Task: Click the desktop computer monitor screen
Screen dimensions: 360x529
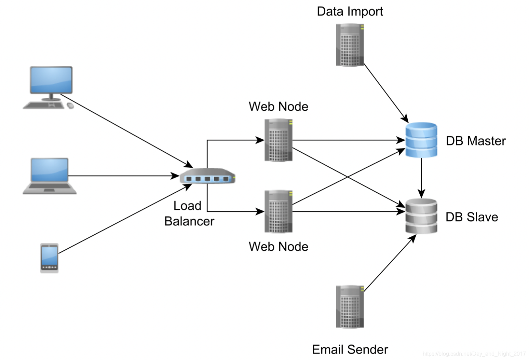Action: tap(51, 80)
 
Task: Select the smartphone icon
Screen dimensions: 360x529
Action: tap(49, 258)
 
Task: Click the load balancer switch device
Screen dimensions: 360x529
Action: tap(207, 176)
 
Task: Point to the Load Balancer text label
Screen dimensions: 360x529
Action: tap(189, 213)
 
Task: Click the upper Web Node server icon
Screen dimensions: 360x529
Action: tap(279, 140)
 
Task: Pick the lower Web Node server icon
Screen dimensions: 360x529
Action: tap(279, 211)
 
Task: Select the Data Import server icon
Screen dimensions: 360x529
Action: tap(350, 45)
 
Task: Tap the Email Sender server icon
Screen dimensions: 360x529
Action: tap(350, 306)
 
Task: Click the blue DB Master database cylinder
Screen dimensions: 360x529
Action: tap(421, 140)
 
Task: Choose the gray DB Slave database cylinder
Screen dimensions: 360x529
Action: tap(421, 216)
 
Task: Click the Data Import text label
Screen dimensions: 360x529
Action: tap(350, 11)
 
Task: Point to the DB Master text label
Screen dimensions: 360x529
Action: tap(475, 141)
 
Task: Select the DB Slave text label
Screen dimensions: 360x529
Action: tap(472, 217)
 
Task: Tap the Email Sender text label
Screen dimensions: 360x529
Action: tap(350, 349)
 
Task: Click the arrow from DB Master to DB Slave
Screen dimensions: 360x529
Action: tap(421, 178)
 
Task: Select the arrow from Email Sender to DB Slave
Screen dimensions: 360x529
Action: tap(390, 263)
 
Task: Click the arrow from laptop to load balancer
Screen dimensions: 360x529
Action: tap(123, 176)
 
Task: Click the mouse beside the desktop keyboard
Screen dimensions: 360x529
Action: tap(70, 106)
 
